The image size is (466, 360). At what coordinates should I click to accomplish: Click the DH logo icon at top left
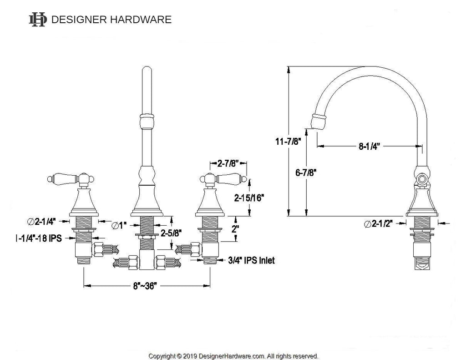pos(38,19)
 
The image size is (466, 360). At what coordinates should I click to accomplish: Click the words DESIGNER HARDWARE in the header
pos(111,20)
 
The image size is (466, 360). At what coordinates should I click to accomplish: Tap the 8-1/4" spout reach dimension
pos(369,146)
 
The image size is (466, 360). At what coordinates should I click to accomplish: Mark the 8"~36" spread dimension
pos(146,286)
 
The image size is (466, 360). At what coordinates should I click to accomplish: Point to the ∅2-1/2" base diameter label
pos(378,223)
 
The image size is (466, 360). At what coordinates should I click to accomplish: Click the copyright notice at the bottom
pos(233,355)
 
